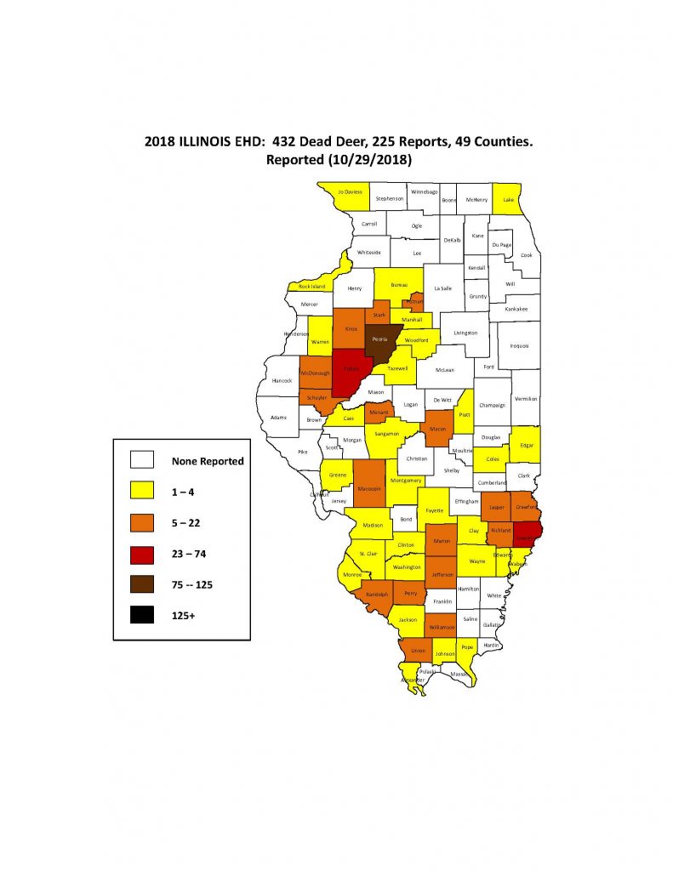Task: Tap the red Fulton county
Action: pyautogui.click(x=349, y=371)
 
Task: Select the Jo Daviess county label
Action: pyautogui.click(x=350, y=192)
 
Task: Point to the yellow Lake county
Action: pyautogui.click(x=508, y=199)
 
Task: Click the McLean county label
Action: pyautogui.click(x=445, y=370)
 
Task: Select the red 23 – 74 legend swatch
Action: pyautogui.click(x=141, y=554)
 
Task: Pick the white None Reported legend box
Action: pyautogui.click(x=141, y=460)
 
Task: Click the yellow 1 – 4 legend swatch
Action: pyautogui.click(x=141, y=492)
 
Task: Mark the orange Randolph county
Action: pyautogui.click(x=377, y=595)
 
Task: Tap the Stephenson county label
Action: pyautogui.click(x=390, y=199)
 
